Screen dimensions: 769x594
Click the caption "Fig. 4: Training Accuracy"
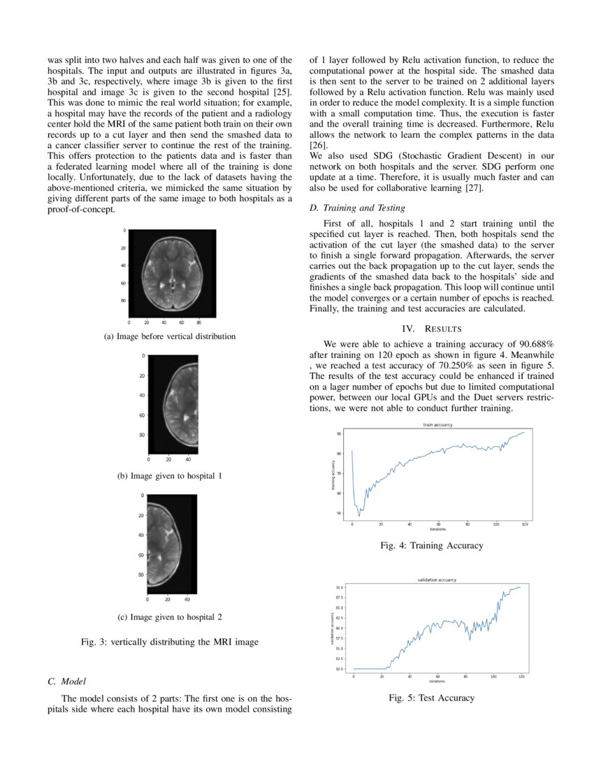pyautogui.click(x=431, y=545)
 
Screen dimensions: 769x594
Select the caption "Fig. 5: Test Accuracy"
pyautogui.click(x=431, y=698)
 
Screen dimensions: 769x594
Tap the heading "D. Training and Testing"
pyautogui.click(x=356, y=208)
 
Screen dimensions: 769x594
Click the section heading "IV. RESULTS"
pyautogui.click(x=430, y=329)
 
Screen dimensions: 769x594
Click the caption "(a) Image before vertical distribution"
pyautogui.click(x=170, y=336)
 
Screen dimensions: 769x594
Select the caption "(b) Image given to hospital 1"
pyautogui.click(x=170, y=476)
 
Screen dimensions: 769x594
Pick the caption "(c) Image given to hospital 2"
pyautogui.click(x=170, y=617)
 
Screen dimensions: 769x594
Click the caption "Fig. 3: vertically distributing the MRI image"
pyautogui.click(x=170, y=642)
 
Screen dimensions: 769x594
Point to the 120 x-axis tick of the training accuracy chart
pyautogui.click(x=524, y=524)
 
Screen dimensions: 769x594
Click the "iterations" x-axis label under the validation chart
pyautogui.click(x=437, y=681)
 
